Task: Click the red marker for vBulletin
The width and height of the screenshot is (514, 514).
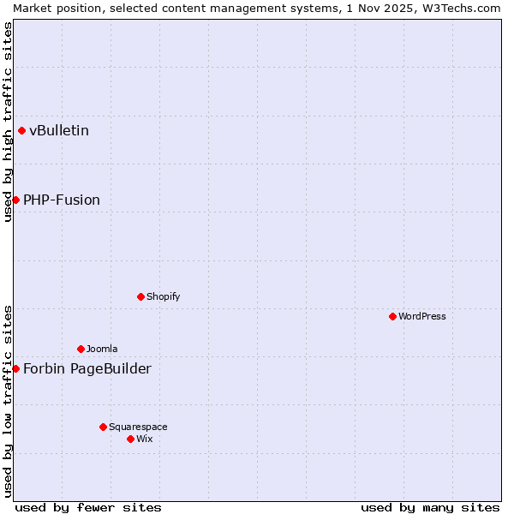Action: click(21, 130)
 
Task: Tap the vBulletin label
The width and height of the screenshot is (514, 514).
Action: click(59, 131)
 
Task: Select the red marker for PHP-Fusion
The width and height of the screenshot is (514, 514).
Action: click(15, 200)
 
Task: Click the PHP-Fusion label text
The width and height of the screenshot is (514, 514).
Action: click(62, 200)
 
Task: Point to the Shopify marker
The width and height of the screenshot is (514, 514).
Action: click(140, 296)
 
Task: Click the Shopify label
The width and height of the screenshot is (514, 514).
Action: click(163, 296)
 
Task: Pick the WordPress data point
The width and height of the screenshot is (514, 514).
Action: click(392, 316)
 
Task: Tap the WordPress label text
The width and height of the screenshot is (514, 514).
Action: click(422, 316)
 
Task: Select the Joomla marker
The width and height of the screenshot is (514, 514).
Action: click(81, 349)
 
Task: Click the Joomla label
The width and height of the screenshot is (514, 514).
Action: click(102, 349)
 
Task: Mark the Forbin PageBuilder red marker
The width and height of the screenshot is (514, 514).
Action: click(15, 368)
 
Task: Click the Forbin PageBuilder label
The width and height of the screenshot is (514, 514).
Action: click(87, 369)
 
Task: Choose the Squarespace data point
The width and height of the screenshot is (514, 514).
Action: click(103, 427)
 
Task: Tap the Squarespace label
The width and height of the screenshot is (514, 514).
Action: click(138, 427)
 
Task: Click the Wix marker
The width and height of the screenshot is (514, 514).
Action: click(130, 439)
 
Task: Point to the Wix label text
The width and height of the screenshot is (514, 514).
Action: click(145, 439)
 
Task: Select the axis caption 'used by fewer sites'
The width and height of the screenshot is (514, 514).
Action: click(88, 507)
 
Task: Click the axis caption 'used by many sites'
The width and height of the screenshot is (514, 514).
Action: click(430, 507)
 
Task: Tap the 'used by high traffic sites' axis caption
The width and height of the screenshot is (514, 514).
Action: click(8, 122)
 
